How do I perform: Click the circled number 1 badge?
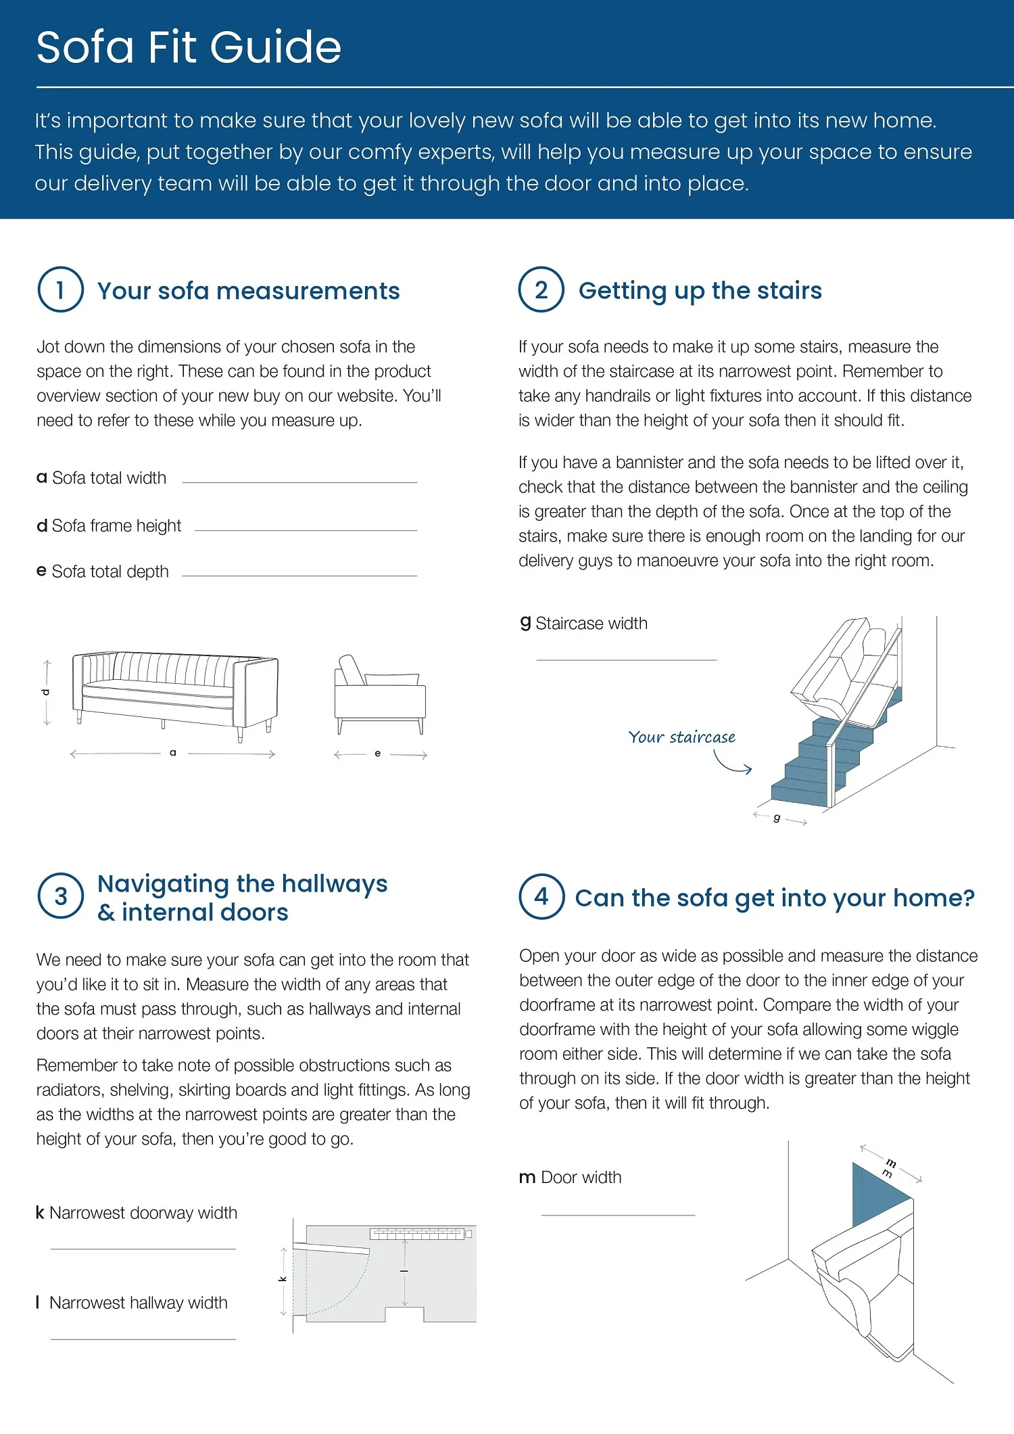coord(60,290)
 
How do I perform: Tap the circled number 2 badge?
coord(541,290)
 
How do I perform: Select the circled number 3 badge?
coord(60,896)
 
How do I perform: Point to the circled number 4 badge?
coord(541,896)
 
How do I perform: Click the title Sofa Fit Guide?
coord(189,47)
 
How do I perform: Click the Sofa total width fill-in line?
coord(299,482)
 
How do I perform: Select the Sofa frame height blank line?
coord(306,530)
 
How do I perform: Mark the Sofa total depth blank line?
coord(299,575)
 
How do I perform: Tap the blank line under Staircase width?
coord(626,659)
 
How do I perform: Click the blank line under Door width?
coord(618,1215)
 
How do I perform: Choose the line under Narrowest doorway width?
coord(143,1249)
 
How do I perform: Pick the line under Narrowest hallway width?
coord(143,1339)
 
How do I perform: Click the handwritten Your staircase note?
coord(681,737)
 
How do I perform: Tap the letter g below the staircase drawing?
coord(777,818)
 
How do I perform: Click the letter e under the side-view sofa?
coord(377,753)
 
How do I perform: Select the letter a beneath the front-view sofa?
coord(173,752)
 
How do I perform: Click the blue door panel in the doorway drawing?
coord(877,1194)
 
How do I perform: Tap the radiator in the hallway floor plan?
coord(417,1234)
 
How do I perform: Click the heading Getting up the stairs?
coord(700,290)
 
